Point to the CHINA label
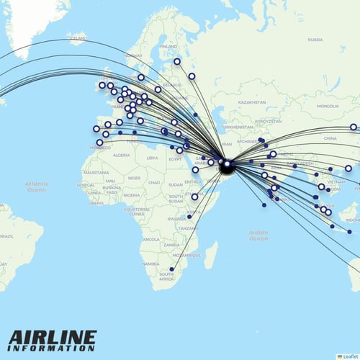pos(330,137)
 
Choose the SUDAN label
pos(174,183)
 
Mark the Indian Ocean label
pos(258,235)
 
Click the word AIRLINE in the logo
pos(53,337)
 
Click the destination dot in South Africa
pos(171,269)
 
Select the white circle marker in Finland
pos(177,61)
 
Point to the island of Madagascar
pos(211,255)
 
